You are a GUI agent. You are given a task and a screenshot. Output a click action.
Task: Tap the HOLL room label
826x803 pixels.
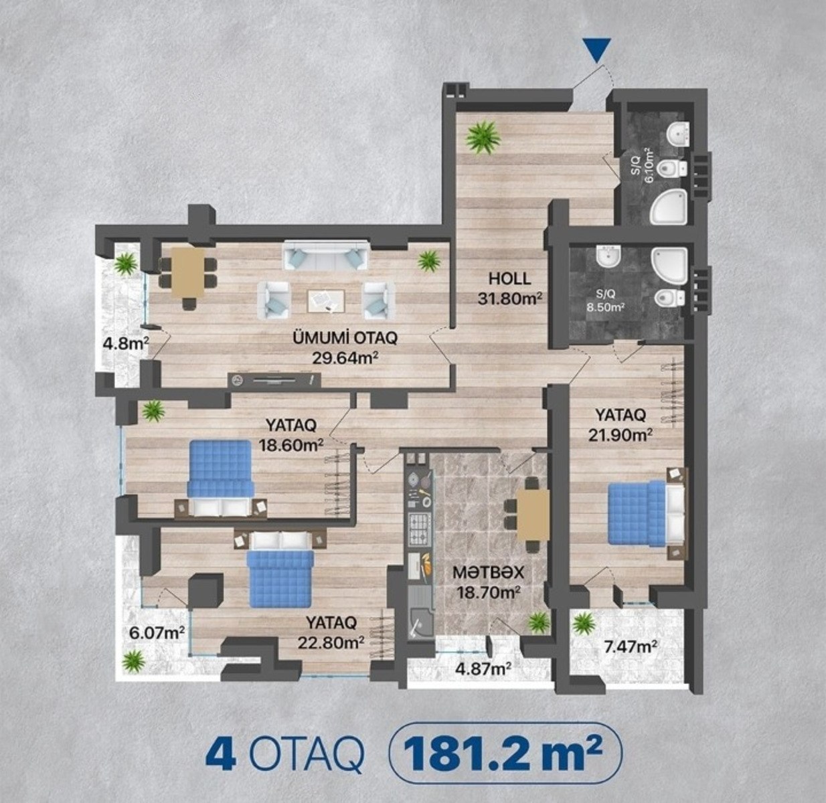tap(509, 279)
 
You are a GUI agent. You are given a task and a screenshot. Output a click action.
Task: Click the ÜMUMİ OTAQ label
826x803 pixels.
tap(345, 338)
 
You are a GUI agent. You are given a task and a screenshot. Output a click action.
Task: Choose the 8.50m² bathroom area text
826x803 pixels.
tap(605, 307)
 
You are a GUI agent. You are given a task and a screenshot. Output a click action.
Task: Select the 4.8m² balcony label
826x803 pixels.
tap(126, 343)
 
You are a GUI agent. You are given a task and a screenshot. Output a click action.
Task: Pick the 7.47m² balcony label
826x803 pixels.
tap(630, 646)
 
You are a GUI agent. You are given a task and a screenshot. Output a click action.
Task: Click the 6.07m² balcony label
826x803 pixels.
tap(157, 633)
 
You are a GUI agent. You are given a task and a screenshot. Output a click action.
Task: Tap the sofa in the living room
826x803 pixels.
tap(326, 255)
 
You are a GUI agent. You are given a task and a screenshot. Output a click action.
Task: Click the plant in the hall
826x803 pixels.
tap(483, 137)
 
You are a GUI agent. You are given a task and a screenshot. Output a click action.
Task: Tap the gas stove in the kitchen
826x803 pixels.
tap(420, 530)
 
